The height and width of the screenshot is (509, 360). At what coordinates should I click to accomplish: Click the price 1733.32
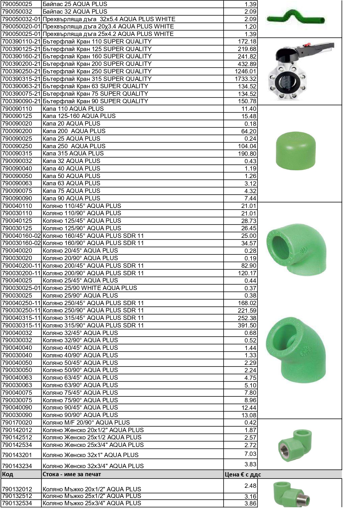pyautogui.click(x=245, y=79)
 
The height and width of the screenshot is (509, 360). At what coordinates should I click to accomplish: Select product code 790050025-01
pyautogui.click(x=21, y=34)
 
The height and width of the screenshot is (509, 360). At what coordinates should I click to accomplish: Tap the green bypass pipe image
pyautogui.click(x=295, y=18)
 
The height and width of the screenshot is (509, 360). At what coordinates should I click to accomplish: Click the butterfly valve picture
pyautogui.click(x=301, y=71)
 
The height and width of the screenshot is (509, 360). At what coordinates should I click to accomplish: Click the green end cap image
pyautogui.click(x=295, y=151)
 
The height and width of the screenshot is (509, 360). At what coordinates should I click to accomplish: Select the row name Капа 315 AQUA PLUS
pyautogui.click(x=73, y=153)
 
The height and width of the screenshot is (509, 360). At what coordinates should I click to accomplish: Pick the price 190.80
pyautogui.click(x=247, y=154)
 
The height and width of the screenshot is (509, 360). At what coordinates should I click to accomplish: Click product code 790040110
pyautogui.click(x=17, y=206)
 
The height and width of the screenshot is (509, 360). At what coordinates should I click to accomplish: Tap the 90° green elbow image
pyautogui.click(x=296, y=249)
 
